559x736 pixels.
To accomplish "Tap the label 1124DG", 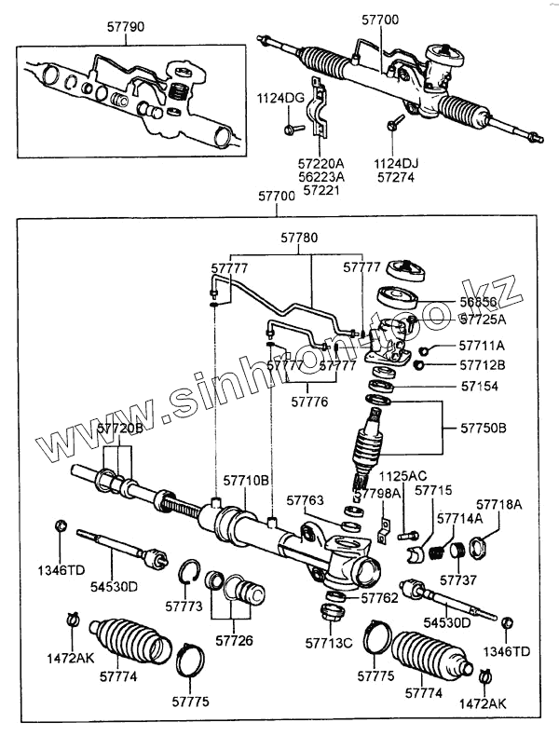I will tap(281, 98).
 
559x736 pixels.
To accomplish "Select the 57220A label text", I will tap(319, 160).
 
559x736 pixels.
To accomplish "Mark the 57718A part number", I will tap(501, 504).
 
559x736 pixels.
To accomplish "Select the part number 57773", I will tap(183, 607).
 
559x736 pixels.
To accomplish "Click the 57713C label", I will tap(329, 642).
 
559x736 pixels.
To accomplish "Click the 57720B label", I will tap(120, 428).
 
